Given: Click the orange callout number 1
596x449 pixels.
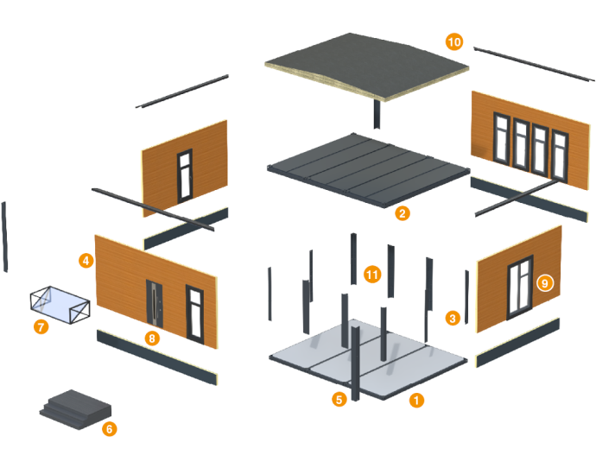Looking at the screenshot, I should coord(416,400).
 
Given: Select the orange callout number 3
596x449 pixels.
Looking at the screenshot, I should coord(452,318).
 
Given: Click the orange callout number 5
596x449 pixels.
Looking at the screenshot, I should coord(339,399).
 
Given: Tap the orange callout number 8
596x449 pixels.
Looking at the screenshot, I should coord(152,338).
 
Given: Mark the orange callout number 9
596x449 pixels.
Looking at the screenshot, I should coord(544,282).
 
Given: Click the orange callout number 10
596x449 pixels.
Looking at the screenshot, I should coord(454,41).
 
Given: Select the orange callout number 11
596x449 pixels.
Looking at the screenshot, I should coord(372,275).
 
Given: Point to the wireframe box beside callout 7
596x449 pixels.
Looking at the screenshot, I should coord(60,304).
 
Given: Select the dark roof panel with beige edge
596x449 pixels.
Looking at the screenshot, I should coord(367,67).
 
